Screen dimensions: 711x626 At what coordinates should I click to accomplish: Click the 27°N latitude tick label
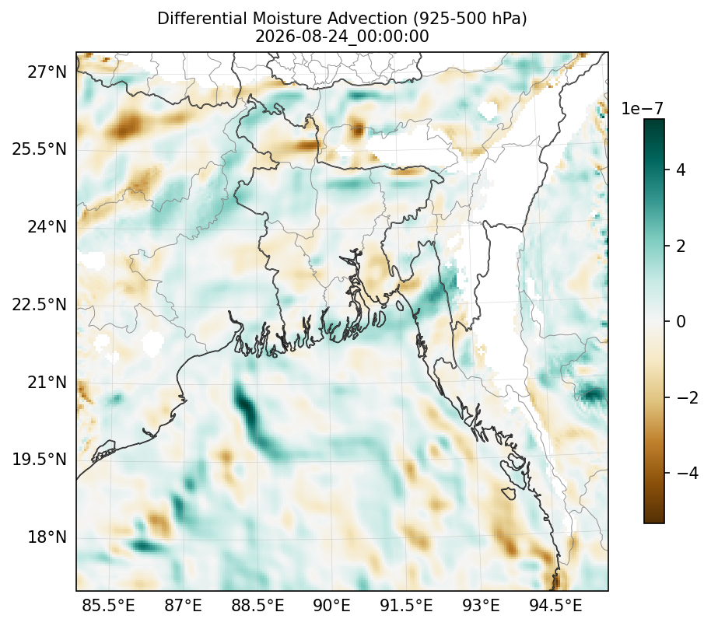(x=47, y=72)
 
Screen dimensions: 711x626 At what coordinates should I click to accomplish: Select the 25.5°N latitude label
(x=40, y=149)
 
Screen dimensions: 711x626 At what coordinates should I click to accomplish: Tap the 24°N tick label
(x=47, y=226)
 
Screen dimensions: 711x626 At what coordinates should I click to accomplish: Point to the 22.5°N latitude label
(x=40, y=304)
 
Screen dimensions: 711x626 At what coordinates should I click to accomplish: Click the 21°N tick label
(x=47, y=382)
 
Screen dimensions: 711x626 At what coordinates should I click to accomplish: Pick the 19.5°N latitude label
(x=40, y=459)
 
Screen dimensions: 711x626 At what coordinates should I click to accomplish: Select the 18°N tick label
(x=47, y=537)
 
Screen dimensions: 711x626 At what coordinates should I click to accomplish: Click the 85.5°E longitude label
(x=108, y=605)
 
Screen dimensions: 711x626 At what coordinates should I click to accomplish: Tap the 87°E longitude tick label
(x=183, y=605)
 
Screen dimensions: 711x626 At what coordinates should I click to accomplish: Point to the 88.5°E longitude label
(x=258, y=605)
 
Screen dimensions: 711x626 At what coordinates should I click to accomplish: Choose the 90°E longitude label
(x=332, y=605)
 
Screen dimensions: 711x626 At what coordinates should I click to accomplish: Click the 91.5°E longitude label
(x=406, y=605)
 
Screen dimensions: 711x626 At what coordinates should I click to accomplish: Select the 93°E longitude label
(x=481, y=605)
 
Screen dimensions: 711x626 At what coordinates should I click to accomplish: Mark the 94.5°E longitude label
(x=555, y=605)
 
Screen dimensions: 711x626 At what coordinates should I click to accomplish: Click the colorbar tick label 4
(x=681, y=170)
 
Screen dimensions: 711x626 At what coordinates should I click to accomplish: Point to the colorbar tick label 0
(x=681, y=321)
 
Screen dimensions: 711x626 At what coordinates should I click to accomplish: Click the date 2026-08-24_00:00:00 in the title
(x=342, y=37)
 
